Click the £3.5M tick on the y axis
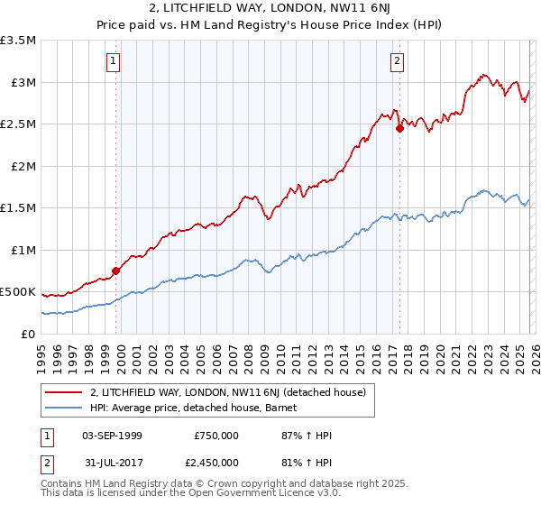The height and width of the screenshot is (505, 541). (18, 41)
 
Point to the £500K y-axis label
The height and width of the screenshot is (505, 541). (18, 292)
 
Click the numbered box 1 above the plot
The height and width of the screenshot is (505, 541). (114, 61)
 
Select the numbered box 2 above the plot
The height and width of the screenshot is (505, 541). (397, 61)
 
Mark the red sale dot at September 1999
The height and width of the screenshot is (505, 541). (115, 271)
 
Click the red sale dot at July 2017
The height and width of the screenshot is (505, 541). (399, 128)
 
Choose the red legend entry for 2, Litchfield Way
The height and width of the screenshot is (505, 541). (227, 392)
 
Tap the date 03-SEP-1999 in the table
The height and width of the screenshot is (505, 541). (112, 436)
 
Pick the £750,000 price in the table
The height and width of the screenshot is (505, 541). (215, 436)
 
